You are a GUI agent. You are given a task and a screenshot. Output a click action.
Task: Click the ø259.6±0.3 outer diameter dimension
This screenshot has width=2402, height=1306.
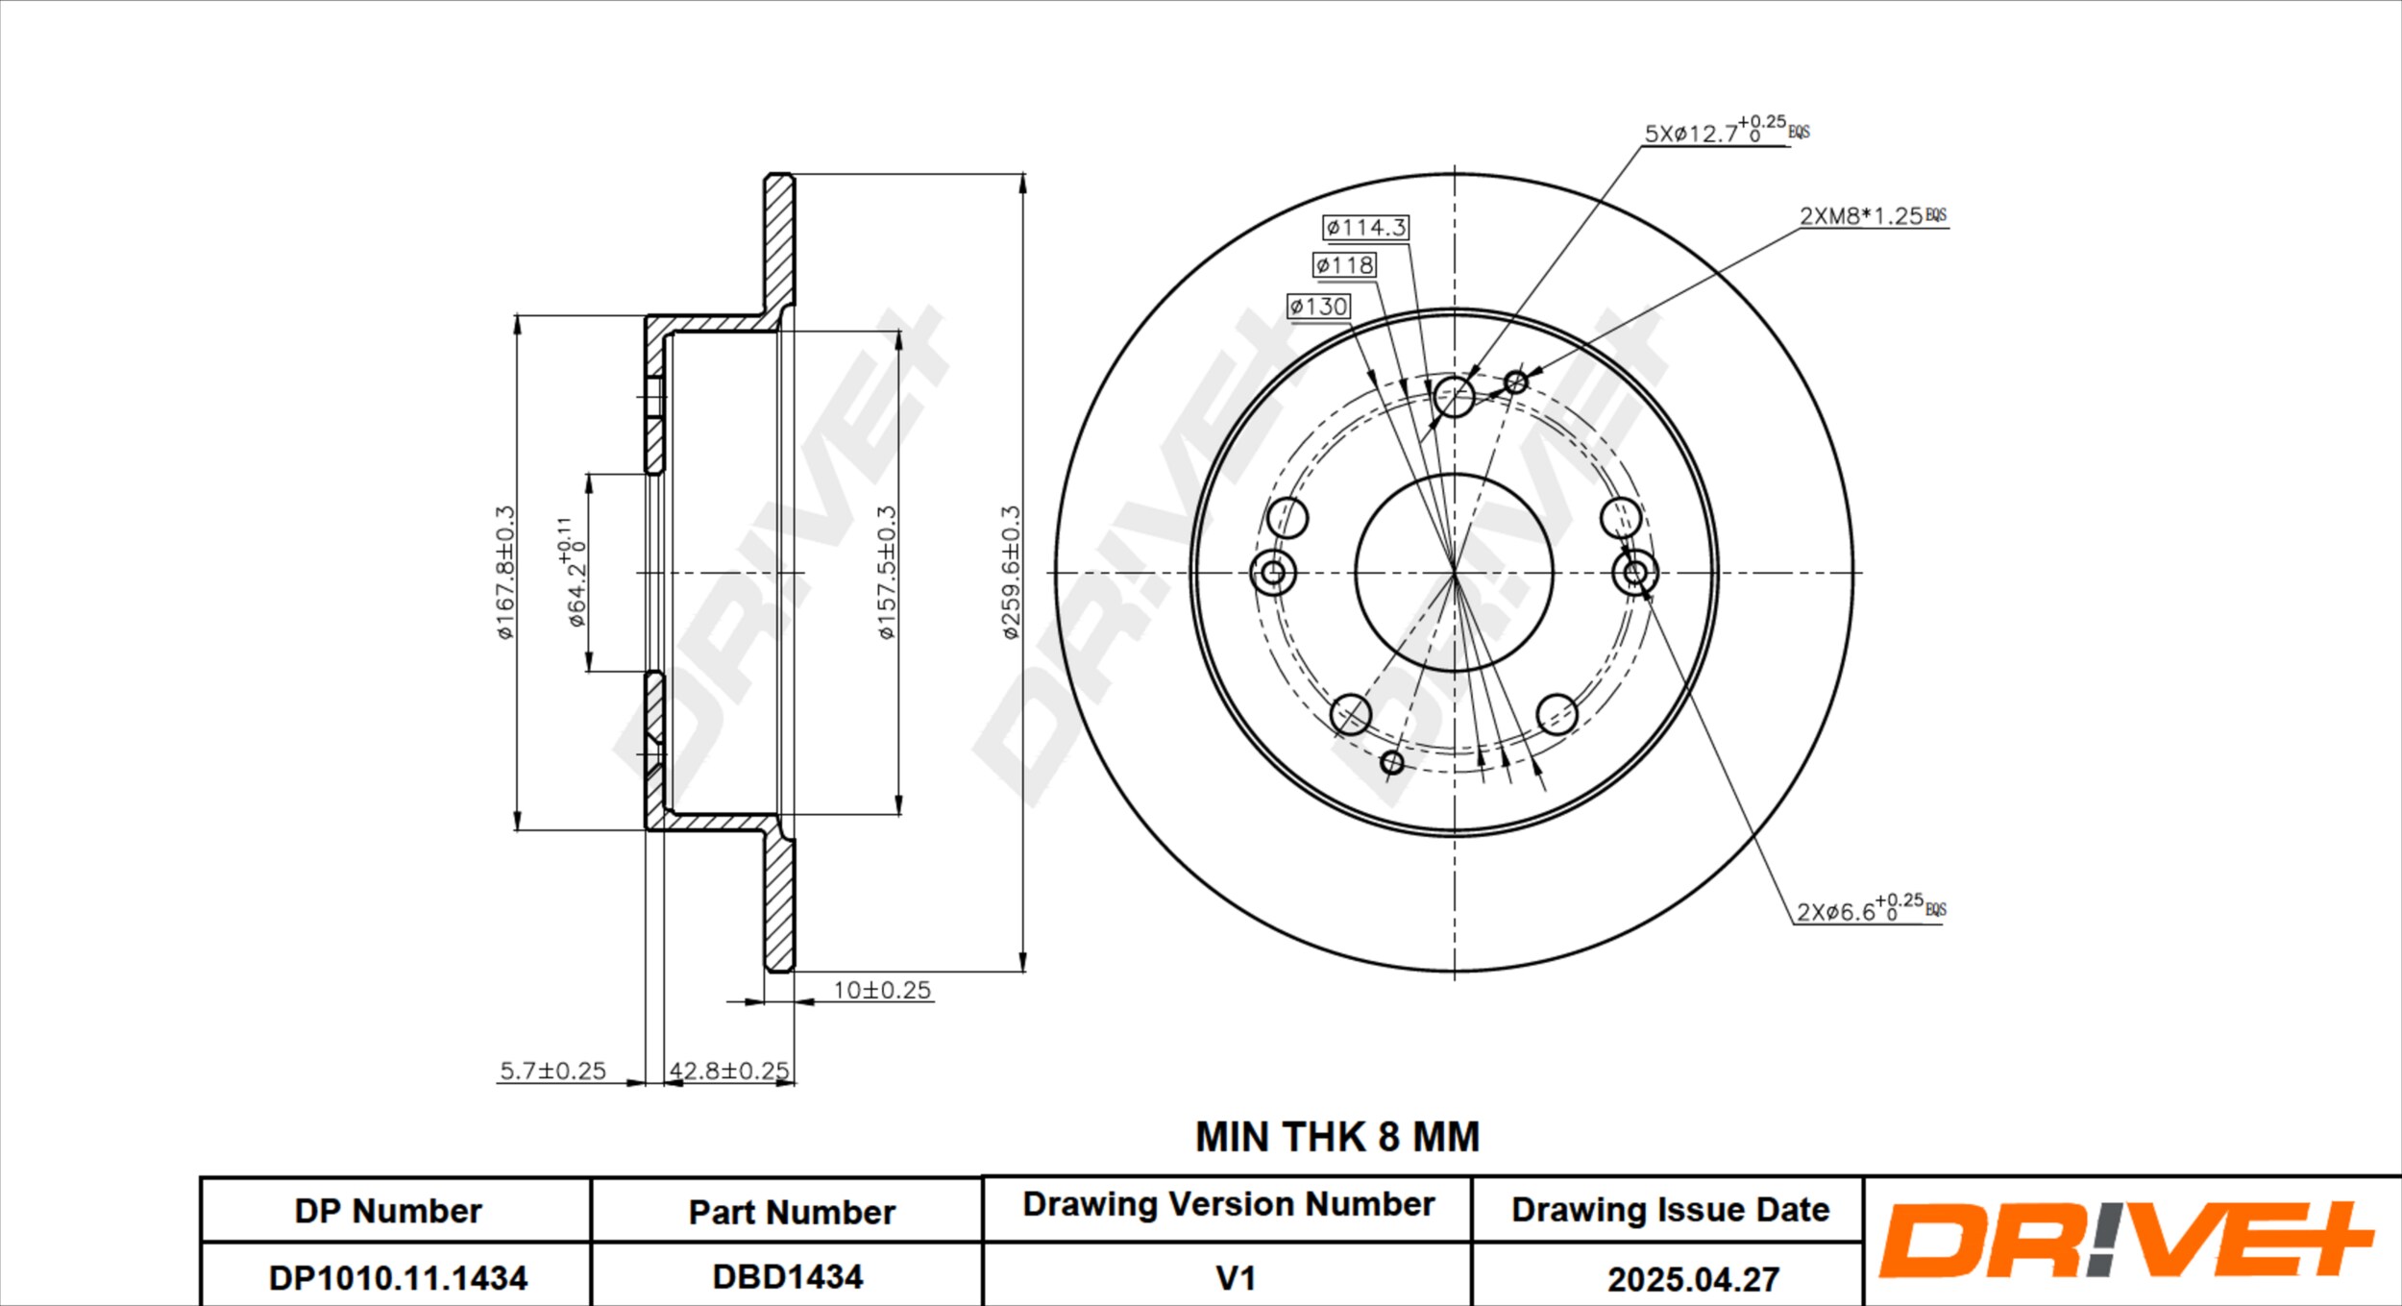[x=1010, y=572]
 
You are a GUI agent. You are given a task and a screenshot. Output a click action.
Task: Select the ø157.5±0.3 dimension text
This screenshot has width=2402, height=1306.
[x=886, y=572]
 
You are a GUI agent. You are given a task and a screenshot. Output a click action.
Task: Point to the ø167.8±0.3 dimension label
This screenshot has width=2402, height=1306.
[x=505, y=572]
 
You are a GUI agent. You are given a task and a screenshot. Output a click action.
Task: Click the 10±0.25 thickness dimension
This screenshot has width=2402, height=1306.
[x=882, y=990]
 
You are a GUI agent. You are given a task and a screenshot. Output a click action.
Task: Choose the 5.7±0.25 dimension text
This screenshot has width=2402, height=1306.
[x=552, y=1071]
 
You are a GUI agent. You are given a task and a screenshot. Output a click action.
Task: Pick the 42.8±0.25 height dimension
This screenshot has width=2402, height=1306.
[x=729, y=1071]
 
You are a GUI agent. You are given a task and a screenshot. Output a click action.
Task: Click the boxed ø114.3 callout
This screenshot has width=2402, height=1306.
[x=1365, y=227]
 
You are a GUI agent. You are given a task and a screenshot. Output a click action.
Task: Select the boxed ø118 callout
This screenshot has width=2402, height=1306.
[x=1344, y=264]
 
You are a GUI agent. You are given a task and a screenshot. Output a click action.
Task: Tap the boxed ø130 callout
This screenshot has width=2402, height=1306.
[x=1318, y=306]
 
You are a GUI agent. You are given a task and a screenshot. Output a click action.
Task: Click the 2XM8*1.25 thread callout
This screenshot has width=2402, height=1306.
[x=1873, y=215]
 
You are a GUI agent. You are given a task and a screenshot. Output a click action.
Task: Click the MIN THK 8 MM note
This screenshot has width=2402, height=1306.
[x=1336, y=1137]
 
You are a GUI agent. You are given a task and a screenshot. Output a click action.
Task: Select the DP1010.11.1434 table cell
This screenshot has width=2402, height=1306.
[x=397, y=1277]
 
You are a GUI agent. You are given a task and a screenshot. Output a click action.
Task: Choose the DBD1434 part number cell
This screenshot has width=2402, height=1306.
[x=787, y=1276]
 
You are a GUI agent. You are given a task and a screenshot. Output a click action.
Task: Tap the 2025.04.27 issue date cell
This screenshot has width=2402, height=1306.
[x=1693, y=1279]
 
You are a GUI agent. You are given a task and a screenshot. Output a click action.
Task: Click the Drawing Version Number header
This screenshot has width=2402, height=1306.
[x=1228, y=1204]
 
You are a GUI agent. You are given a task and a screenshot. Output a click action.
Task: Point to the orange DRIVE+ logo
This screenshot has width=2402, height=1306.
[x=2125, y=1240]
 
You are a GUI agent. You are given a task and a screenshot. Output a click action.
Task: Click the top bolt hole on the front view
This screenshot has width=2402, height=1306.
[x=1454, y=396]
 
